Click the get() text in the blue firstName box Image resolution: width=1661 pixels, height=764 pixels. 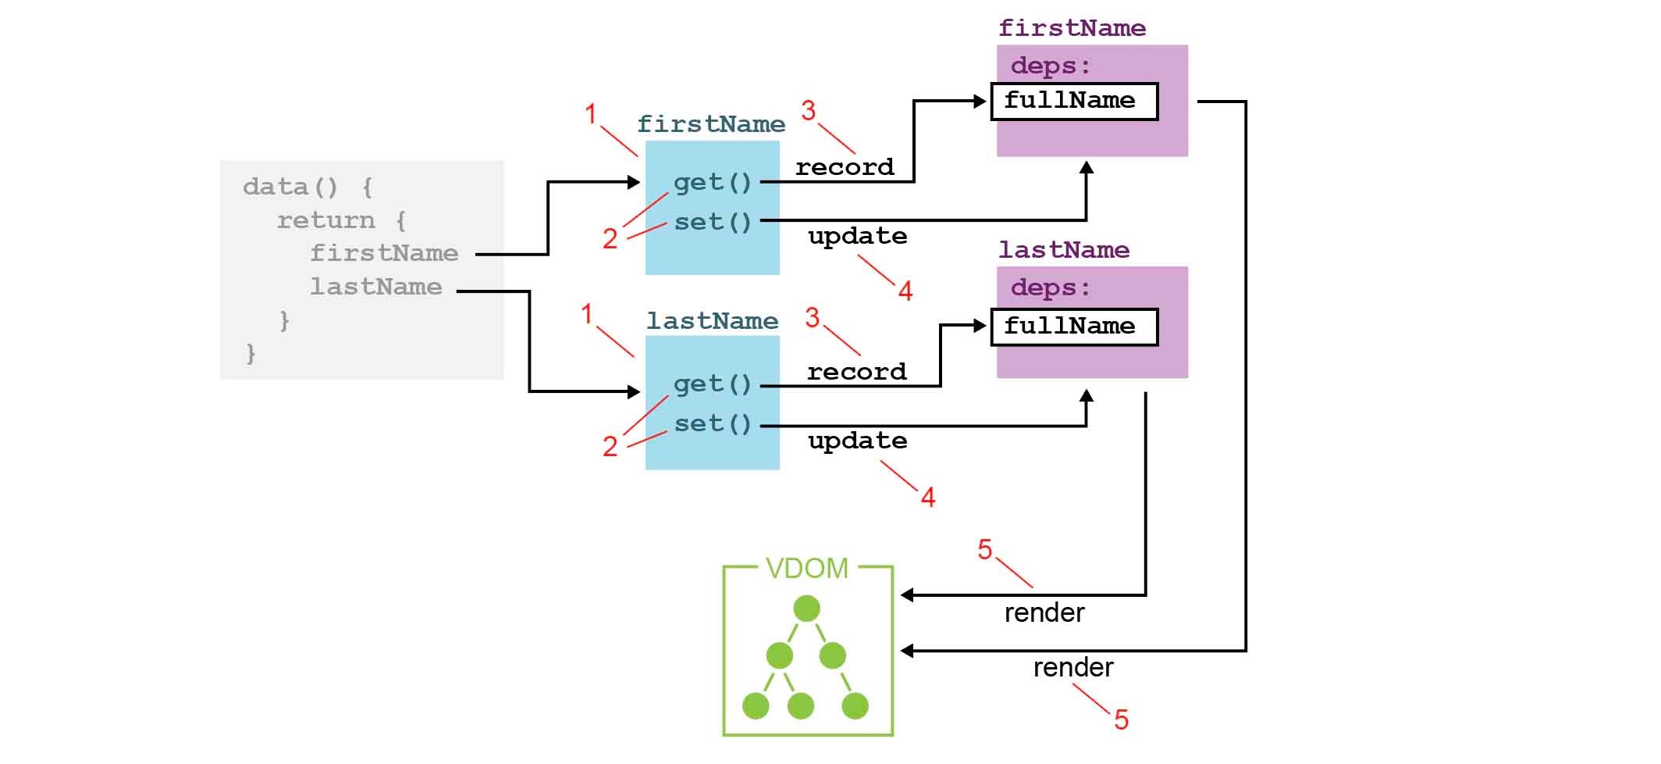tap(712, 183)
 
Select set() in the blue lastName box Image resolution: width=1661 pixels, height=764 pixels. tap(712, 424)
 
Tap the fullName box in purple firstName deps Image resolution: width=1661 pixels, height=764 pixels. tap(1073, 102)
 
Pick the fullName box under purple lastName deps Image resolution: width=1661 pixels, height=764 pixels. tap(1073, 327)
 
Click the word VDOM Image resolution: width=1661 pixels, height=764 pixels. tap(806, 568)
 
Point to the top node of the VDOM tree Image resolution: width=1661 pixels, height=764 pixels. tap(806, 608)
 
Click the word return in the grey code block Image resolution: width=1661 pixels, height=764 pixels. tap(325, 220)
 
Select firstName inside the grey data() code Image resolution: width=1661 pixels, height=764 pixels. tap(384, 253)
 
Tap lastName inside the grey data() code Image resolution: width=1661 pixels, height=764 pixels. tap(375, 287)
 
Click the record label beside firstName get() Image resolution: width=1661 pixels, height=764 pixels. tap(844, 167)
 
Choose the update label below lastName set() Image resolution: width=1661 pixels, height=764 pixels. tap(857, 441)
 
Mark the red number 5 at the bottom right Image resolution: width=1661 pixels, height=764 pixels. tap(1121, 719)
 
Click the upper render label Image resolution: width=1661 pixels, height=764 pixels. tap(1044, 613)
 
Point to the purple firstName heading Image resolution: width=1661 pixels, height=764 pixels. tap(1072, 29)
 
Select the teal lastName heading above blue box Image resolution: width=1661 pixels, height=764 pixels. tap(712, 321)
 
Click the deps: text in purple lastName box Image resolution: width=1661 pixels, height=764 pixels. tap(1050, 288)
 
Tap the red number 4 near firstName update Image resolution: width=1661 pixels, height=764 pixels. tap(905, 291)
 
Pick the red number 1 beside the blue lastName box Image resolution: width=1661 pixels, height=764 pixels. tap(587, 314)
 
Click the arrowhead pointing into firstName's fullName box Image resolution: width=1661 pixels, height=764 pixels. tap(981, 102)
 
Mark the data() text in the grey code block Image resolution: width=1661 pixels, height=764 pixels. tap(290, 187)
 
